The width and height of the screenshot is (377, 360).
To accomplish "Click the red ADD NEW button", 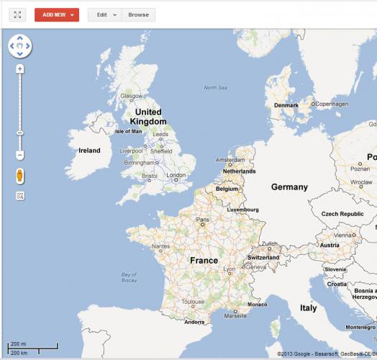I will pos(56,14).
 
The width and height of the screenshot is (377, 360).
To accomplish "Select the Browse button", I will pos(139,14).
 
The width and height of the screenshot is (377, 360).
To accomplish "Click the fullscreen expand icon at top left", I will pos(18,14).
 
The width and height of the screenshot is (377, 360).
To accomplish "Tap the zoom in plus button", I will pos(20,69).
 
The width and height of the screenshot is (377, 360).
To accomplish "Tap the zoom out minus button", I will pos(20,155).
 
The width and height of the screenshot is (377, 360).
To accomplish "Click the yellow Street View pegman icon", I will pos(20,176).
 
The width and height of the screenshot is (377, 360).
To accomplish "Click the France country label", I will pos(204,260).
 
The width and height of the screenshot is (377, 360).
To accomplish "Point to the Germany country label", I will pos(289,187).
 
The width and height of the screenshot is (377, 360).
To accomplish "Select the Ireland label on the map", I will pos(89,150).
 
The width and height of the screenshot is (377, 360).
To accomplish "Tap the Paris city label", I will pos(204,220).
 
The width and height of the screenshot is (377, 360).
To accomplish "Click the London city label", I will pos(176,175).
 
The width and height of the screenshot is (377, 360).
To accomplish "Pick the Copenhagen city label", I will pos(331,104).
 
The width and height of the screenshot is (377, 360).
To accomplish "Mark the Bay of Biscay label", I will pos(129,277).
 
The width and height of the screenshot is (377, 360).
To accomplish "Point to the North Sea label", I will pos(214,88).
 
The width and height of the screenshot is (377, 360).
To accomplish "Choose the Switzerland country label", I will pos(263,257).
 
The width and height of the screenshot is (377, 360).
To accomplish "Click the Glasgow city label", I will pos(132,96).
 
